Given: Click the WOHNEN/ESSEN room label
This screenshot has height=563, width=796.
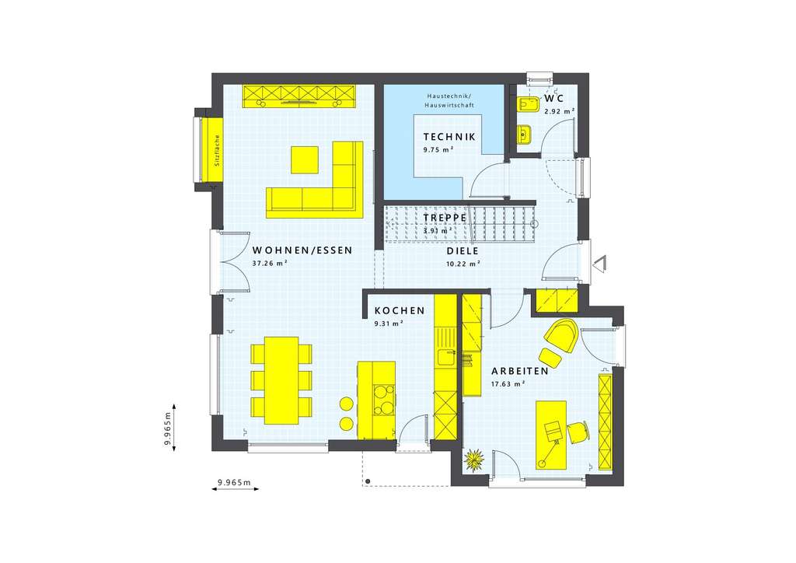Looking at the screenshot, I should [x=302, y=251].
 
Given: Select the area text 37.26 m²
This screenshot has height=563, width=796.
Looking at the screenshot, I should [x=271, y=264].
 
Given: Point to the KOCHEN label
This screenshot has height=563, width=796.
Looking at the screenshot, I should [x=400, y=310].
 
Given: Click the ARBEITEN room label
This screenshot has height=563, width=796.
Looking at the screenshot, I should [x=520, y=371].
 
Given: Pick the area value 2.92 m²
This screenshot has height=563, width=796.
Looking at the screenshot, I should [x=559, y=112].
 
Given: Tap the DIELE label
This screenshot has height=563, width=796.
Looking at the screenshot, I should [x=463, y=251].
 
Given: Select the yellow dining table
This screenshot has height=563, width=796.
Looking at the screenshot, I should [x=281, y=379].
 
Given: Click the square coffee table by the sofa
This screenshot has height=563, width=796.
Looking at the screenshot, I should [x=305, y=159].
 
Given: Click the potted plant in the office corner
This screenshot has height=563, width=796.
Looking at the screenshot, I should [x=473, y=460].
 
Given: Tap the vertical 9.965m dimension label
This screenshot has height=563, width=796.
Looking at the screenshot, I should [x=167, y=426].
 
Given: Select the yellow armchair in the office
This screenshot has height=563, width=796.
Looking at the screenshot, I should [x=561, y=334].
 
